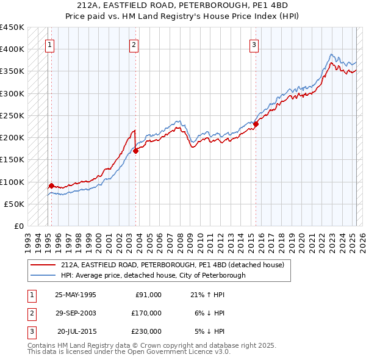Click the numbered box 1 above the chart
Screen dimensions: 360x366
[49, 44]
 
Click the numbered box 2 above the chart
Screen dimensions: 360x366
[133, 44]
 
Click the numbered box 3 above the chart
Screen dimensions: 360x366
[253, 44]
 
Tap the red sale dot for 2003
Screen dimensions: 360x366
[136, 151]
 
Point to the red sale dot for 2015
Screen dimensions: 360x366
[256, 124]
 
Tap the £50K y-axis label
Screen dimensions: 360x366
[15, 204]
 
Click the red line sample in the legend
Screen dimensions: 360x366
[43, 265]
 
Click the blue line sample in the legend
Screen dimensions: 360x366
[43, 275]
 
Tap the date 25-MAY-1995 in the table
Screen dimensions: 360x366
[76, 295]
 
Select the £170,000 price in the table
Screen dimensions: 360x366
[146, 313]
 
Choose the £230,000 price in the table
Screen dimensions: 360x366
[146, 331]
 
